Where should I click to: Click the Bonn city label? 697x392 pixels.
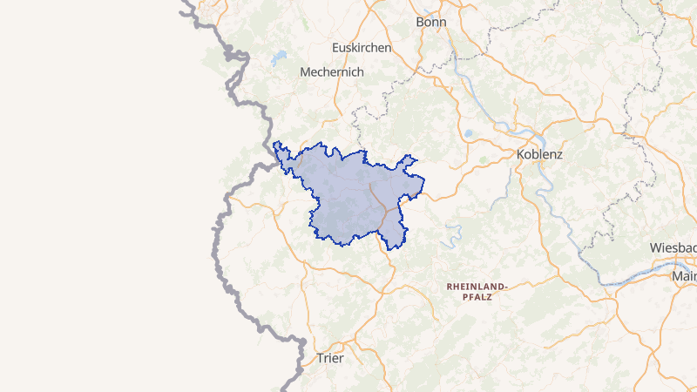click(431, 22)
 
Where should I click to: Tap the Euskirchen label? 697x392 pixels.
click(362, 47)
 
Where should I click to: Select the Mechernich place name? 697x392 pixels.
click(331, 72)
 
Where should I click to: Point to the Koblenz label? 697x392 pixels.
click(539, 154)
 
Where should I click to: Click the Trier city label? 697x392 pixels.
click(330, 358)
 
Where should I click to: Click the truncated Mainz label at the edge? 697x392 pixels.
click(684, 277)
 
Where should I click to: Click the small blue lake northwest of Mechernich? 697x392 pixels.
click(278, 59)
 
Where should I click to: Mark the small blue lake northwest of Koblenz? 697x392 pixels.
click(469, 134)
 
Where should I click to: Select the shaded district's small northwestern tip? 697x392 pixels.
click(277, 146)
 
